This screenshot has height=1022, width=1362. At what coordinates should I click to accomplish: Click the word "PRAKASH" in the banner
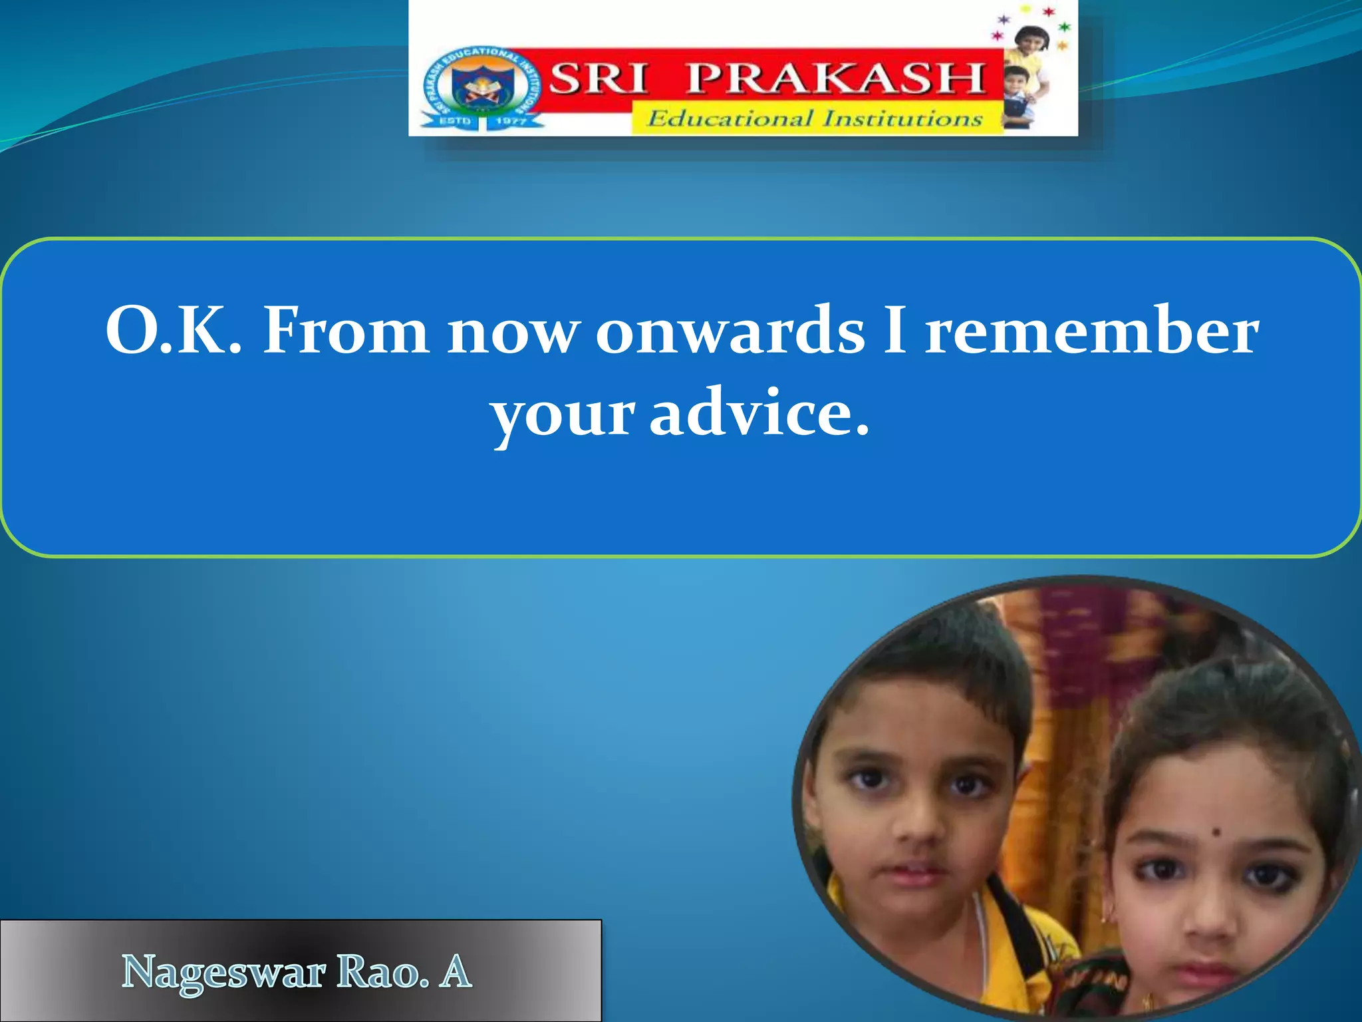click(x=835, y=78)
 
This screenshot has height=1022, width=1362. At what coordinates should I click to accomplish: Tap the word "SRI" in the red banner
click(x=598, y=78)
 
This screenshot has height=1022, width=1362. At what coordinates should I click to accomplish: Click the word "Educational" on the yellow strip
click(x=730, y=119)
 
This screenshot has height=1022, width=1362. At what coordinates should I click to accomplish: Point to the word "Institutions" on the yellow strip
click(x=902, y=118)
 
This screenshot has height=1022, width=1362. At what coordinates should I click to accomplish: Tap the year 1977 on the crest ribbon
click(x=511, y=121)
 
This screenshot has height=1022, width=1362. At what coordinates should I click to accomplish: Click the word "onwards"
click(x=730, y=331)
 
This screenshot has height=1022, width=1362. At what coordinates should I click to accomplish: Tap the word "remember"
click(x=1092, y=331)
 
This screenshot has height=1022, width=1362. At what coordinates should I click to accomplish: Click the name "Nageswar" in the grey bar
click(x=223, y=974)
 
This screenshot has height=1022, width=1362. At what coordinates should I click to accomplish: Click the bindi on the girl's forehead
click(x=1216, y=832)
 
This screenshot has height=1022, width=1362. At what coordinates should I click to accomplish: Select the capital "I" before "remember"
click(x=896, y=330)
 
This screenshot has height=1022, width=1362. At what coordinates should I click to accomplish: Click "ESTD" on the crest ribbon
click(x=455, y=121)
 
